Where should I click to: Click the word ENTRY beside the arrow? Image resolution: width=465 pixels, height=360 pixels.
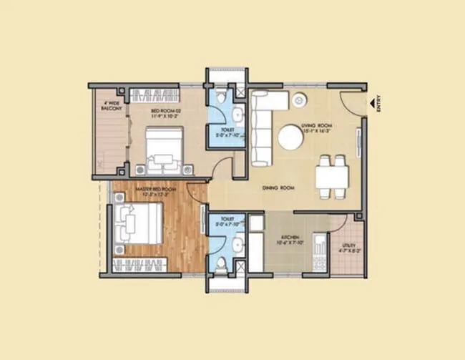379,105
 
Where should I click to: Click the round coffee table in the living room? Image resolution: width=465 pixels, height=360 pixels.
290,137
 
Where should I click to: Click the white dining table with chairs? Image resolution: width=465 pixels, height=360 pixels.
332,175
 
